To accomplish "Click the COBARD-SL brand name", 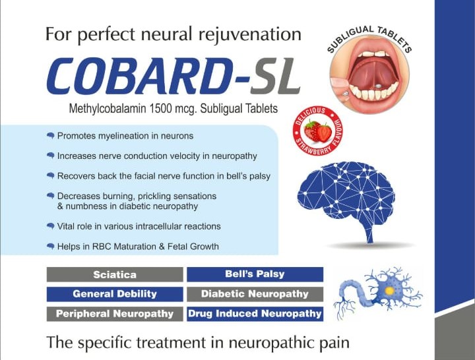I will pos(173,76).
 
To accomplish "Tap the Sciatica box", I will pos(115,274).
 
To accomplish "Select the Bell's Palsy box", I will pos(255,274).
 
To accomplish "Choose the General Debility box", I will pos(115,294).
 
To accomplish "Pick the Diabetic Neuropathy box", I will pos(255,294).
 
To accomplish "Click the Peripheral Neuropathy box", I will pos(115,314).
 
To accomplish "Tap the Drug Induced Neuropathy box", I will pos(255,314).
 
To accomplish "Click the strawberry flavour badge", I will pos(314,133).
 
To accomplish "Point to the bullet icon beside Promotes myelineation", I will pos(50,135).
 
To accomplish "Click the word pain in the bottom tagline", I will pos(331,343).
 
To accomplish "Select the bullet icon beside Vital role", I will pos(50,225).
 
